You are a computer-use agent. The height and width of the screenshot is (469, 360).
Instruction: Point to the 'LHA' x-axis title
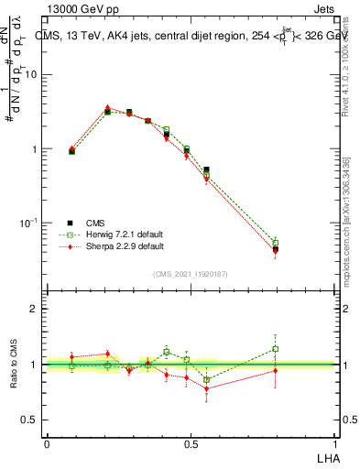[325, 456]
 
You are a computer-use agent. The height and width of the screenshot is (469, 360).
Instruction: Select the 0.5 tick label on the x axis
[191, 443]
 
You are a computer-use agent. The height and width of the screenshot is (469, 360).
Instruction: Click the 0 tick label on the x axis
[47, 443]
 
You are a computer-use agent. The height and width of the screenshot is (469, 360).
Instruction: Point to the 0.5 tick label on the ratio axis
[29, 420]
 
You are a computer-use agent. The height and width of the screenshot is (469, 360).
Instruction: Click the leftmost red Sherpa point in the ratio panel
[71, 357]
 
